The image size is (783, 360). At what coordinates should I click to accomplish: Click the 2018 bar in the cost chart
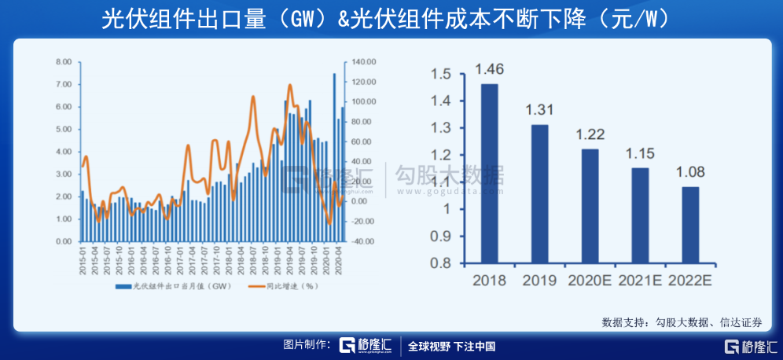[x=489, y=173]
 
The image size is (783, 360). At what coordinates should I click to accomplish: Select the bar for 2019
[x=539, y=193]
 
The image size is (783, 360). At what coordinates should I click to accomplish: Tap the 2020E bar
[x=590, y=206]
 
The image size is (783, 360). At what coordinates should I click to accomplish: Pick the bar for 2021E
[x=640, y=215]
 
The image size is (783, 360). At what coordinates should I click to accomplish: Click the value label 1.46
[x=489, y=69]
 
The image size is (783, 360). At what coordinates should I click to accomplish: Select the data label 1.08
[x=690, y=171]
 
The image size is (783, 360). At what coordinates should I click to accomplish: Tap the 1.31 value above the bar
[x=539, y=109]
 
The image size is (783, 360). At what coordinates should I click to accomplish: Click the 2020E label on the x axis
[x=590, y=280]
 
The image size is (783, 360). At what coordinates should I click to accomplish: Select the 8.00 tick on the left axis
[x=64, y=61]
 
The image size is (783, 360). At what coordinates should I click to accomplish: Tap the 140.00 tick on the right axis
[x=366, y=61]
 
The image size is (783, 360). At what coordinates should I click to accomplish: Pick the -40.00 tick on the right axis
[x=366, y=241]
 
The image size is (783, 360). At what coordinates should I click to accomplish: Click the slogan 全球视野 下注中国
[x=451, y=346]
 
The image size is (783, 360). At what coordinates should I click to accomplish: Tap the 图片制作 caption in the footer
[x=307, y=346]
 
